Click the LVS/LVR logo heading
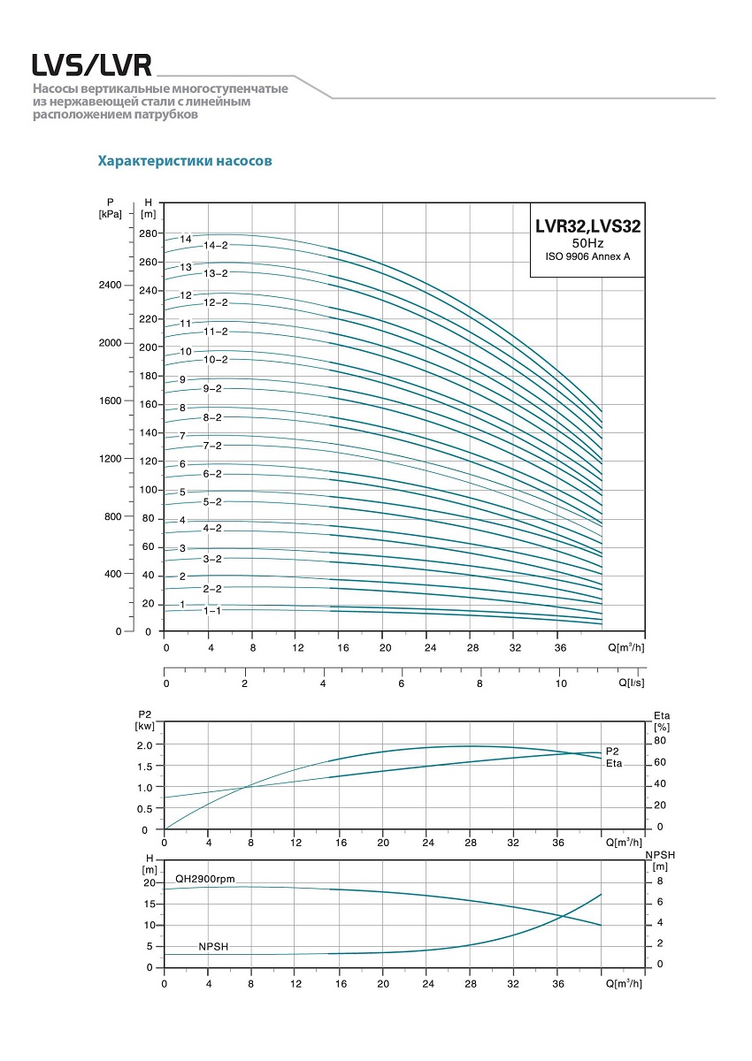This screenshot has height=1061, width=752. pyautogui.click(x=91, y=65)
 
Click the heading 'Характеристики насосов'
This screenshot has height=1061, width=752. pyautogui.click(x=184, y=162)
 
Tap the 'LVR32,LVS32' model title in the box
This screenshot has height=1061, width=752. pyautogui.click(x=587, y=226)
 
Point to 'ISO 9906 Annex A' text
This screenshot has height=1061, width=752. pyautogui.click(x=587, y=256)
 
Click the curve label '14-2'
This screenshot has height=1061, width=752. pyautogui.click(x=216, y=245)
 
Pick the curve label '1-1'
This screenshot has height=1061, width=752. pyautogui.click(x=212, y=611)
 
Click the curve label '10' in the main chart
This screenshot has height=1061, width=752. pyautogui.click(x=186, y=351)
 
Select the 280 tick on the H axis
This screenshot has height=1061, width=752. pyautogui.click(x=148, y=233)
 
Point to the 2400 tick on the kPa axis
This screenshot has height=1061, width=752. pyautogui.click(x=111, y=286)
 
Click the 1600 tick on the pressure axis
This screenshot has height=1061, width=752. pyautogui.click(x=111, y=401)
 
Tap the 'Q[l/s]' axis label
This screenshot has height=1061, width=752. pyautogui.click(x=630, y=683)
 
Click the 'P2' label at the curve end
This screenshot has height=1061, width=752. pyautogui.click(x=612, y=751)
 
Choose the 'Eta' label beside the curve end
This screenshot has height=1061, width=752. pyautogui.click(x=614, y=762)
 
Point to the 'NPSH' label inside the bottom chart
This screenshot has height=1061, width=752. pyautogui.click(x=213, y=946)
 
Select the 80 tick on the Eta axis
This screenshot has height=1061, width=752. pyautogui.click(x=659, y=741)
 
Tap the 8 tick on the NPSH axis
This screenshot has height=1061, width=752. pyautogui.click(x=659, y=882)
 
